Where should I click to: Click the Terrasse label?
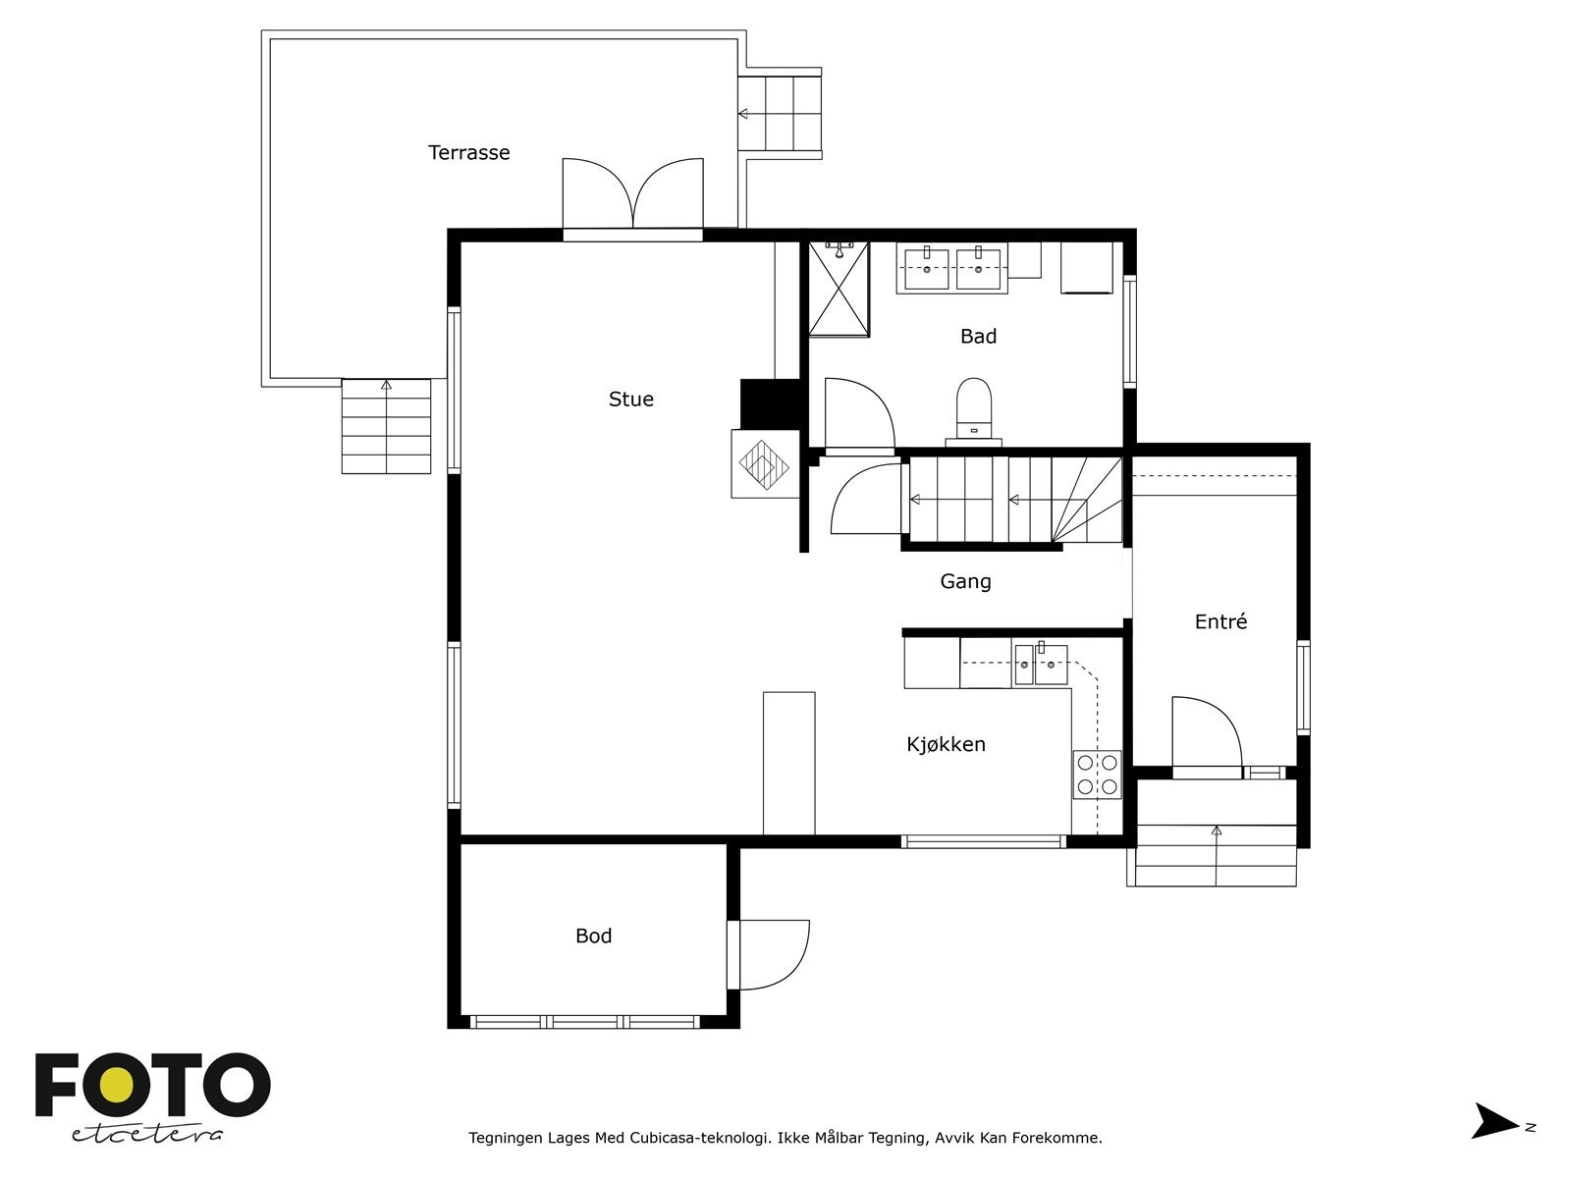click(x=468, y=152)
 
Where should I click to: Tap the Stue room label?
click(x=630, y=400)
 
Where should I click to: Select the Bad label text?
click(x=978, y=336)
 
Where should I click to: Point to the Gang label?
click(x=965, y=581)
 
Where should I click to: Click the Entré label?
click(x=1220, y=620)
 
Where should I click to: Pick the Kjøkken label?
click(x=947, y=744)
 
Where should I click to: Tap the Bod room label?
click(x=593, y=937)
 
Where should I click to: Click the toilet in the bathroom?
click(x=973, y=411)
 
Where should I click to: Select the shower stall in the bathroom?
click(x=839, y=289)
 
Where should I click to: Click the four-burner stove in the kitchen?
click(x=1097, y=775)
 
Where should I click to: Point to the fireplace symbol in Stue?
click(x=764, y=464)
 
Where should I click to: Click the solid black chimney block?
click(x=770, y=404)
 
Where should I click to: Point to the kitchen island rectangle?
click(x=788, y=763)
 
